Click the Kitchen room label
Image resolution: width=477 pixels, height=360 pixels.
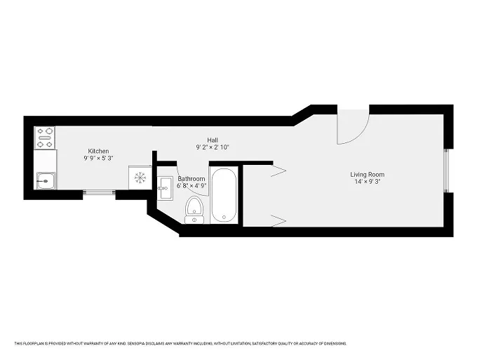point(98,151)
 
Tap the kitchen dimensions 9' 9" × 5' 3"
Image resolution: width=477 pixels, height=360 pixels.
point(98,159)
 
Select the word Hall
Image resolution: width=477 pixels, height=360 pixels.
point(212,140)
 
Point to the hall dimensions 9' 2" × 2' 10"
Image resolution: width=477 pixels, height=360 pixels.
point(212,147)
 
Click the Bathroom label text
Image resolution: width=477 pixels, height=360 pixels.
point(192,179)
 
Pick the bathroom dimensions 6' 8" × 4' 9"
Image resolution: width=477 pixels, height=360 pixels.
point(192,186)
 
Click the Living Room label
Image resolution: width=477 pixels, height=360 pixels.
point(368,175)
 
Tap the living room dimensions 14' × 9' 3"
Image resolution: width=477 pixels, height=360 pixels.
point(368,182)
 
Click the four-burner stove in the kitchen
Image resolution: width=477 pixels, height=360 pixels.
point(46,138)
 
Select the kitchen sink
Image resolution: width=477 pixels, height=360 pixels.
point(46,182)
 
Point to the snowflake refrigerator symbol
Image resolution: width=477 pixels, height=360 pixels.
point(140,177)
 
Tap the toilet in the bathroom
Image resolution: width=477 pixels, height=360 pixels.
point(194,209)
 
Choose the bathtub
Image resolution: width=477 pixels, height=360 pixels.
point(224,195)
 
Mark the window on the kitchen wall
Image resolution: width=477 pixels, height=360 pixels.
point(99,194)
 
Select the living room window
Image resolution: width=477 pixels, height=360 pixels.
point(447,172)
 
